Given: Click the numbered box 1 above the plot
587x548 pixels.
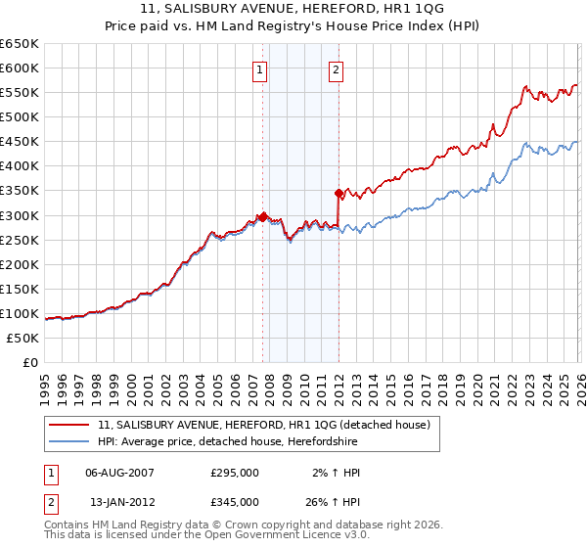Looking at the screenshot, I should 260,69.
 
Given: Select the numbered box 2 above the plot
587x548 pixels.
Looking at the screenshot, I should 336,69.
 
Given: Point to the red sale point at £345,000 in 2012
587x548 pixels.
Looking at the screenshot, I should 339,192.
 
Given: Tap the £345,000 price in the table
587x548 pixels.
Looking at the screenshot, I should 235,501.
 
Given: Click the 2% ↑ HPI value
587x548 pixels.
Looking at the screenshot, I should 338,473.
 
